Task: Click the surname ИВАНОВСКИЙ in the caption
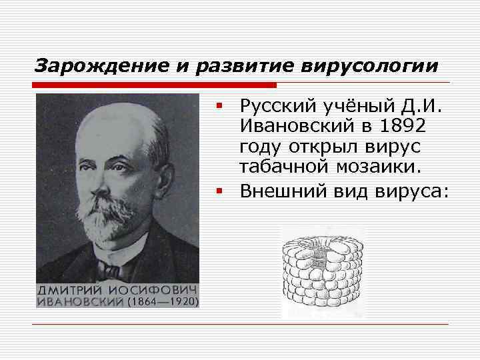pos(80,301)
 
